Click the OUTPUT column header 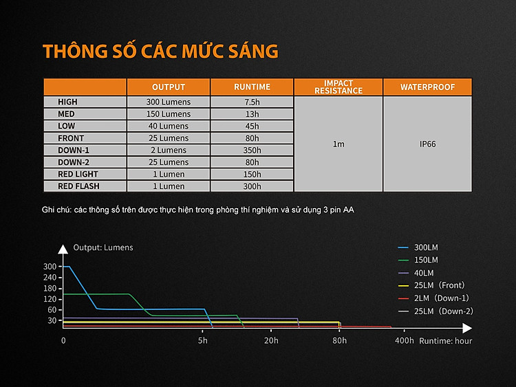pyautogui.click(x=168, y=87)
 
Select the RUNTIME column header pyautogui.click(x=252, y=87)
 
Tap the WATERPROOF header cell pyautogui.click(x=427, y=87)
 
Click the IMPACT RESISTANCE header pyautogui.click(x=338, y=87)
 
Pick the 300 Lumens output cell pyautogui.click(x=168, y=102)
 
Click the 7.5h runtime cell pyautogui.click(x=252, y=102)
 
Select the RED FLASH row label pyautogui.click(x=78, y=186)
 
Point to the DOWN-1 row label pyautogui.click(x=74, y=151)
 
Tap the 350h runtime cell pyautogui.click(x=252, y=151)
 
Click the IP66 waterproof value pyautogui.click(x=427, y=144)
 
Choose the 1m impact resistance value pyautogui.click(x=338, y=144)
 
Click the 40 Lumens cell pyautogui.click(x=168, y=126)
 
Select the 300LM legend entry pyautogui.click(x=418, y=247)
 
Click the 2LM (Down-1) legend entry pyautogui.click(x=433, y=298)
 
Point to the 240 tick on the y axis pyautogui.click(x=50, y=278)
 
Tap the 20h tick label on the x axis pyautogui.click(x=271, y=340)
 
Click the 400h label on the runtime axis pyautogui.click(x=404, y=340)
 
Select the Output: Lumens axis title pyautogui.click(x=103, y=247)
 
